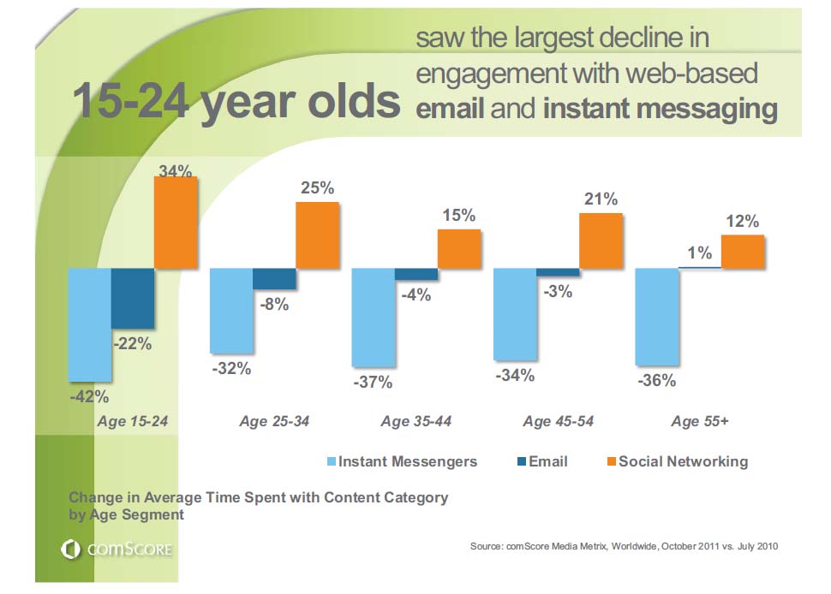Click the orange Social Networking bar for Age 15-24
[176, 223]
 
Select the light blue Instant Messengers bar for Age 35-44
[374, 317]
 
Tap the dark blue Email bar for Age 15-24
[133, 299]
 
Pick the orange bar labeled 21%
[601, 241]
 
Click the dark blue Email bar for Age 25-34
[274, 279]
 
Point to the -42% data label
[89, 396]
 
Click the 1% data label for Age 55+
[699, 252]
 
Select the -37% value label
[373, 383]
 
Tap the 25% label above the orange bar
[317, 187]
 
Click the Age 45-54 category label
[558, 421]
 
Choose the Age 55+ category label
[700, 421]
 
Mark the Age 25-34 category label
[274, 421]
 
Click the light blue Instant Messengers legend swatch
[332, 462]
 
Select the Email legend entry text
[548, 461]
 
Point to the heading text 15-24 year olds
[236, 102]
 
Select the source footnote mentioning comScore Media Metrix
[624, 545]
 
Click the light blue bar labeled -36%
[657, 317]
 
